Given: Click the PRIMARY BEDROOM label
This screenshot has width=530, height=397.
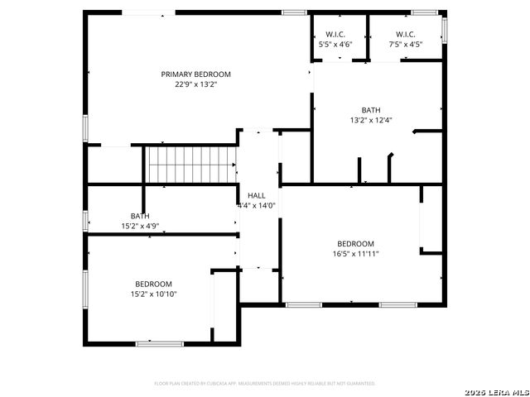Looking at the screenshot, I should tap(196, 74).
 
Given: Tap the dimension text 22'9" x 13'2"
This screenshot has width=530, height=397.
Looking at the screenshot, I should tap(196, 84).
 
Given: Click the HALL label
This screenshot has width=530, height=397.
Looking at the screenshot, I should tap(257, 195).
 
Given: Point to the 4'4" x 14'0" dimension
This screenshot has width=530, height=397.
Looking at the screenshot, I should tap(257, 205).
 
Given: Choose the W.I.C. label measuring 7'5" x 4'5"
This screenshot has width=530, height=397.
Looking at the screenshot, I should tap(405, 35).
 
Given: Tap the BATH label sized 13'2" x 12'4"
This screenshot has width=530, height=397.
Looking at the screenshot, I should tap(371, 110).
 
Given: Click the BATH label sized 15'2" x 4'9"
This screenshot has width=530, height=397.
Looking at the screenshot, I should tap(140, 216).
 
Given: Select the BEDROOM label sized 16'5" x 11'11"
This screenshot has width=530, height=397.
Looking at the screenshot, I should tap(355, 243).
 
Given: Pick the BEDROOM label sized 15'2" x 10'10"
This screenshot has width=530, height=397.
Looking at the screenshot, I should tap(154, 284).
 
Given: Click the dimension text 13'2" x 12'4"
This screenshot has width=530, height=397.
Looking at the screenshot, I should tap(371, 120).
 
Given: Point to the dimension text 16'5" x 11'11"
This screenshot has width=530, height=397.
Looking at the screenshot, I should tap(355, 253).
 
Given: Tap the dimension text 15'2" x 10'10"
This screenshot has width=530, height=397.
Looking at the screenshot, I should tap(154, 294).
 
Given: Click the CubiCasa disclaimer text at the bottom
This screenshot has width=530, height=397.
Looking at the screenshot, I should tap(265, 384).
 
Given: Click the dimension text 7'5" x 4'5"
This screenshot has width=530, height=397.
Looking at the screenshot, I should tap(405, 45).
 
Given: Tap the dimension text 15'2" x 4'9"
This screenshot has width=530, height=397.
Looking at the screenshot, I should tap(140, 226).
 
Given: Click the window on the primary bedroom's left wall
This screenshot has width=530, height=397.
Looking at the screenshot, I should tap(85, 129).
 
